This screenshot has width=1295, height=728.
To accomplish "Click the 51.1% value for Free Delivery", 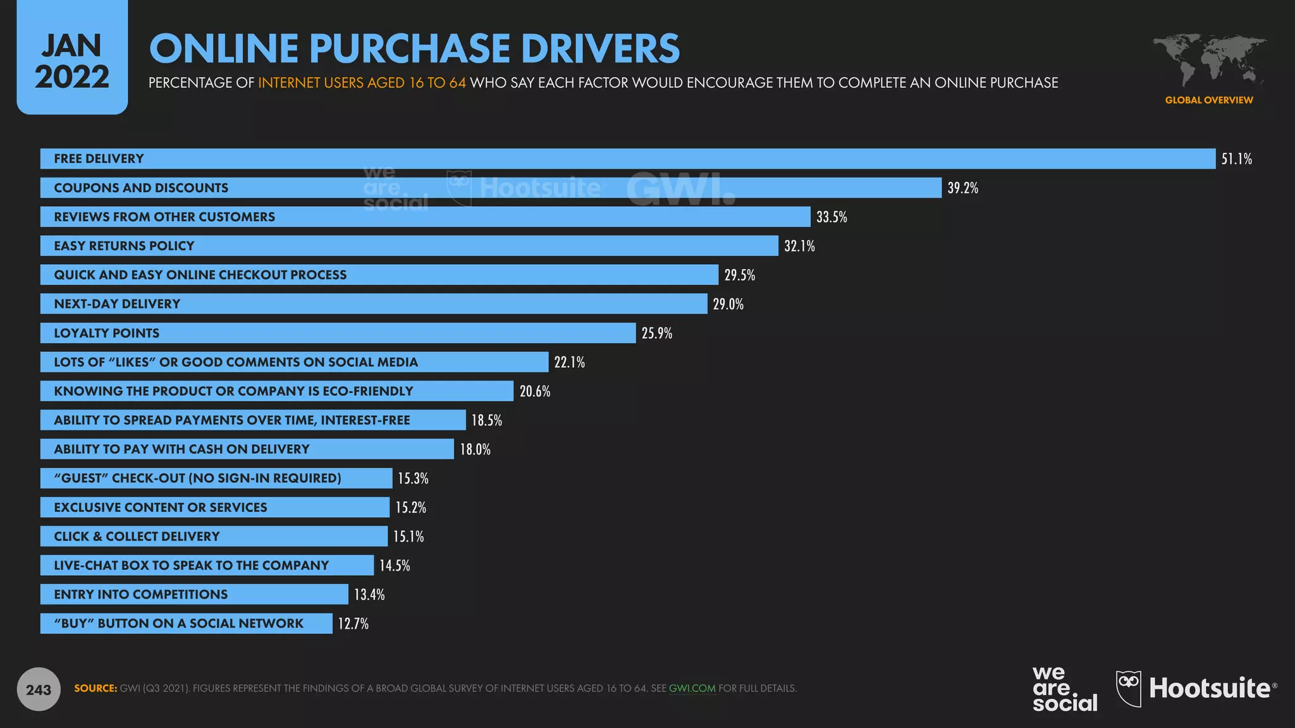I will (1236, 159).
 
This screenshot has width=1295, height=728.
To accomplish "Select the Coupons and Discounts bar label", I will (141, 188).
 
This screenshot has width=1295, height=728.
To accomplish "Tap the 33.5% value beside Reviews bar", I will (832, 217).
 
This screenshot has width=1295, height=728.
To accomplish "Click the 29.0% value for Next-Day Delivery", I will (728, 305).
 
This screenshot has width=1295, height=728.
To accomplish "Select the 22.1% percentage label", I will (569, 363).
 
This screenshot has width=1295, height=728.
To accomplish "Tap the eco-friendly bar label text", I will (233, 391).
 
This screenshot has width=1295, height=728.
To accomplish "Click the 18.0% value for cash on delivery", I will (475, 450).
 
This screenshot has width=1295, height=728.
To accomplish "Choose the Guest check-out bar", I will (216, 478).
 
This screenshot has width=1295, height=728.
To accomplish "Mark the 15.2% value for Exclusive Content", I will (411, 508).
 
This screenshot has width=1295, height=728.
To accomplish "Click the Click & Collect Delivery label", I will (137, 537).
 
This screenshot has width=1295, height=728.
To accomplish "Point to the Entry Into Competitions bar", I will (193, 595).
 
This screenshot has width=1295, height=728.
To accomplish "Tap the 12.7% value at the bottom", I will (353, 624).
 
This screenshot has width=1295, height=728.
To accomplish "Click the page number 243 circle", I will (39, 689).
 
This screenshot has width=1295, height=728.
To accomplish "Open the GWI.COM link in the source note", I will (692, 688).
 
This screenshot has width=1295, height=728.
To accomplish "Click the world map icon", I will (1209, 60).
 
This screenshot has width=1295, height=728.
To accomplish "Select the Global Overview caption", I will (1209, 100).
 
